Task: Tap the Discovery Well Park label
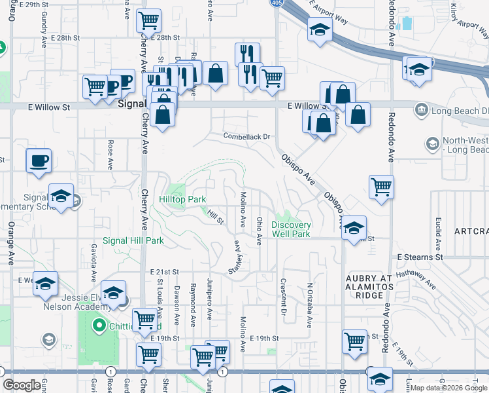pyautogui.click(x=291, y=229)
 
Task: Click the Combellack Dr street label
pyautogui.click(x=246, y=137)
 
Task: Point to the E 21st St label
pyautogui.click(x=164, y=271)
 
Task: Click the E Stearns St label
pyautogui.click(x=419, y=257)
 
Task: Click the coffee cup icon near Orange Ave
pyautogui.click(x=39, y=160)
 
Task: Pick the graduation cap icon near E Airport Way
pyautogui.click(x=320, y=30)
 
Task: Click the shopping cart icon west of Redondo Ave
pyautogui.click(x=381, y=186)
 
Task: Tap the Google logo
pyautogui.click(x=22, y=385)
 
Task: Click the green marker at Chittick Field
pyautogui.click(x=99, y=324)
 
